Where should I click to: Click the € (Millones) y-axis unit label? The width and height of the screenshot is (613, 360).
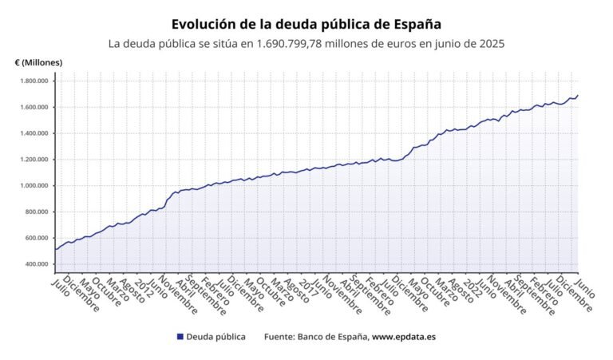pos(38,62)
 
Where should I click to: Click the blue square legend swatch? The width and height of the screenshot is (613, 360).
pos(180,337)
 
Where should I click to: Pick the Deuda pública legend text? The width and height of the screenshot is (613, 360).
pos(216,337)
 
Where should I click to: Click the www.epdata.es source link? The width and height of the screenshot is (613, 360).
pos(404,337)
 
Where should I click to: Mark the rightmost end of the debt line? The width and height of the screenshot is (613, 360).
pos(578,95)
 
